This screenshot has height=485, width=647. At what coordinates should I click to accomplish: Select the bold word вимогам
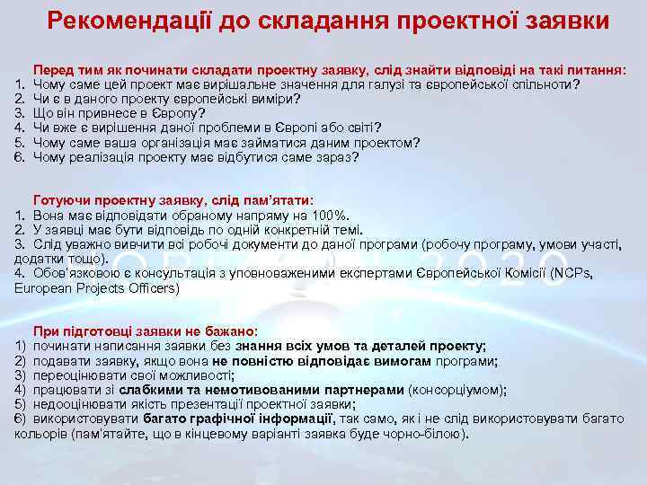click(399, 360)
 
